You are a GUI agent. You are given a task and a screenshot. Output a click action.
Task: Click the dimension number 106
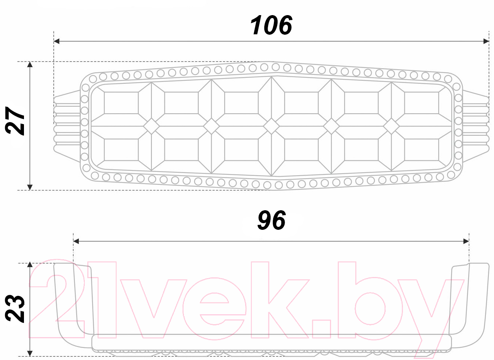click(x=271, y=25)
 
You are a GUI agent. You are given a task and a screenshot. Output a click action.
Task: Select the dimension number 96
click(x=271, y=220)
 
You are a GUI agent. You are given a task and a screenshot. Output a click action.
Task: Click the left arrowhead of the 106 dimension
click(x=56, y=41)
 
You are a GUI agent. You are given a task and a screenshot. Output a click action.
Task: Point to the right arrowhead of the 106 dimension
click(x=486, y=41)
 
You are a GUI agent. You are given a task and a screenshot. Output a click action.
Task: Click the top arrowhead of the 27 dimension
click(x=30, y=65)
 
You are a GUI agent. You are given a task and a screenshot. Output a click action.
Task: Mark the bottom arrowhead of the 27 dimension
click(x=30, y=187)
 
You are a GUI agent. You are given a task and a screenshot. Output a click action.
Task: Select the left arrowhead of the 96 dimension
click(x=76, y=241)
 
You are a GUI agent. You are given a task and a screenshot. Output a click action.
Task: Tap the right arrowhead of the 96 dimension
click(x=466, y=241)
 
